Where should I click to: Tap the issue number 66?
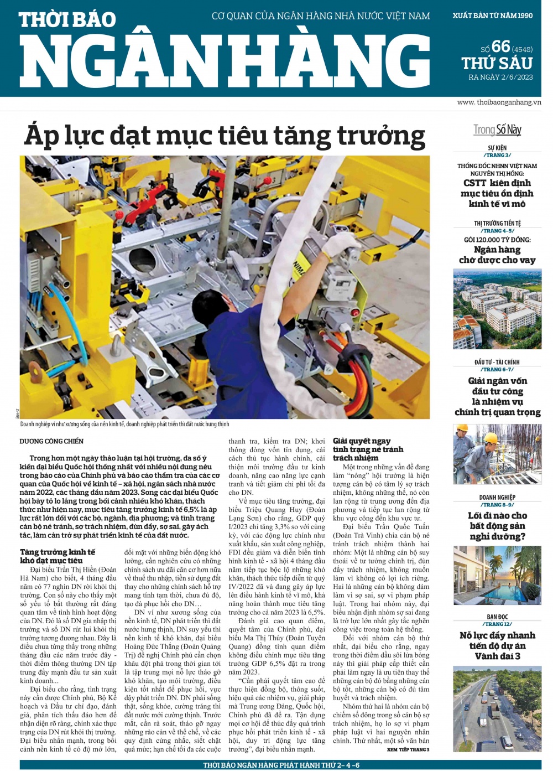pos(500,46)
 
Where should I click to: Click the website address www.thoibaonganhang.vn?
pos(499,102)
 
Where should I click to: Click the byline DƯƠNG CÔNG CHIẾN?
pos(51,441)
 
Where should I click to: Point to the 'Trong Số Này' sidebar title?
pos(497,130)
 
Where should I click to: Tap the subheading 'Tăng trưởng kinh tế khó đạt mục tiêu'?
pos(58,556)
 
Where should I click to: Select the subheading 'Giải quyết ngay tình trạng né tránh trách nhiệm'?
pos(368,449)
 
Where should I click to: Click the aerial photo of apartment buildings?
pos(497,309)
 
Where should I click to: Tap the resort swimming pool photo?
pos(497,575)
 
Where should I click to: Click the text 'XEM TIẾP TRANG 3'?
pos(408,749)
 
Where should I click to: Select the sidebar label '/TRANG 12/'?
pos(497,624)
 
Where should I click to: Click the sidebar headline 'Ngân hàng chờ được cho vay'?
pos(497,255)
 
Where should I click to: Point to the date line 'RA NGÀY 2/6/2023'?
pos(500,77)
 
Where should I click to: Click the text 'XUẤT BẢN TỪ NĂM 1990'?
pos(493,15)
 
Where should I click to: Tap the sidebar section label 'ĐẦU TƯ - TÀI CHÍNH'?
pos(497,362)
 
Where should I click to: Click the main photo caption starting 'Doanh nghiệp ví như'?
pos(124,424)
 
